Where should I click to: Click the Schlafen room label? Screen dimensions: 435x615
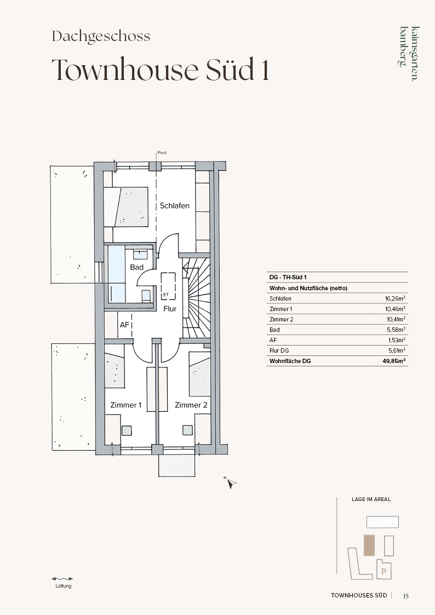(x=175, y=205)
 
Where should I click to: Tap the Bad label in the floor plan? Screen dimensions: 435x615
(x=136, y=267)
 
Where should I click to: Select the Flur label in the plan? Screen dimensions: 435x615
(x=170, y=309)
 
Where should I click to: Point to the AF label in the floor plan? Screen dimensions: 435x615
(x=125, y=325)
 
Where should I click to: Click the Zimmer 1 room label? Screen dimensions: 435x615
(x=125, y=405)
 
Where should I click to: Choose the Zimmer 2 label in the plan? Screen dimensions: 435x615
(x=191, y=405)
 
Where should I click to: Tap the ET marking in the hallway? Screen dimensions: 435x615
(x=165, y=294)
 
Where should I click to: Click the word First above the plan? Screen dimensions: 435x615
(x=162, y=153)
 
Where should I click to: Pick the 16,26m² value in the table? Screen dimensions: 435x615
(x=395, y=298)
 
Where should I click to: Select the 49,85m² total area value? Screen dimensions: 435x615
(x=394, y=361)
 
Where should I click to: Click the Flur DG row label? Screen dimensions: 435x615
(x=279, y=350)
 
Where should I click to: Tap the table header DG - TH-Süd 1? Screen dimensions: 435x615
(x=288, y=277)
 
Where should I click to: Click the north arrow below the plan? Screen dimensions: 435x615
(x=231, y=483)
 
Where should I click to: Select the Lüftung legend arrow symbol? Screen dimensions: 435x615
(x=62, y=578)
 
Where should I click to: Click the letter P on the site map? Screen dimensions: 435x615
(x=384, y=572)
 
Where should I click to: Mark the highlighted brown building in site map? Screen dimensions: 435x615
(x=369, y=545)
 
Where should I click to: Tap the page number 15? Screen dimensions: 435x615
(x=406, y=596)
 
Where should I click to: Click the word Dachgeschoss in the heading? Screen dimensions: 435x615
(x=101, y=37)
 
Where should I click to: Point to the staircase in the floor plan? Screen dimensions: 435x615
(x=196, y=297)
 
